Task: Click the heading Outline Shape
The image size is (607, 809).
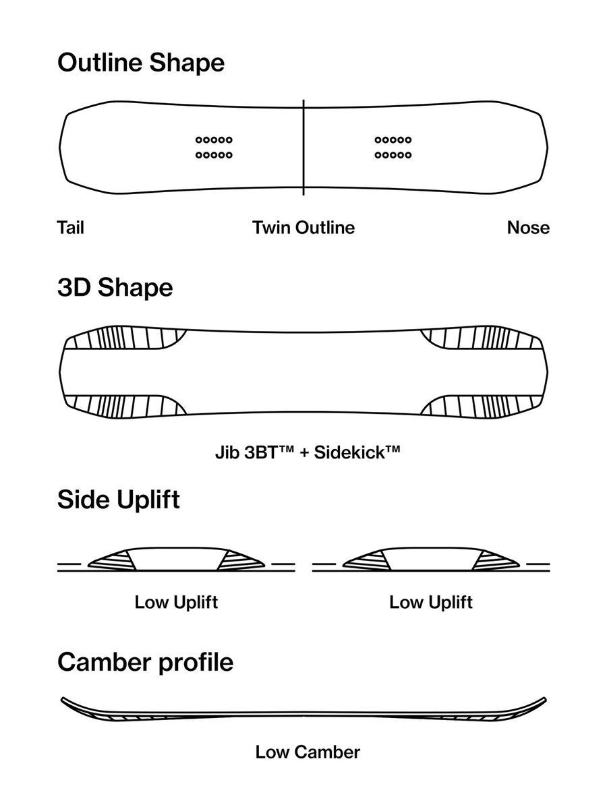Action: tap(140, 63)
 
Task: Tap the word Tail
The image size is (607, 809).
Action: tap(71, 228)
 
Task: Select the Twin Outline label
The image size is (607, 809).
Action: tap(303, 228)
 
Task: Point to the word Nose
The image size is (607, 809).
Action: tap(528, 228)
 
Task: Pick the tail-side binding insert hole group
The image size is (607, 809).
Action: tap(214, 148)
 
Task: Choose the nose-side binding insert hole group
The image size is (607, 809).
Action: tap(393, 148)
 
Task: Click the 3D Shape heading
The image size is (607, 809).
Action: tap(115, 288)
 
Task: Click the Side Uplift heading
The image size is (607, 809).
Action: tap(119, 500)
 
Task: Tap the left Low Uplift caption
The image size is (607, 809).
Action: tap(176, 602)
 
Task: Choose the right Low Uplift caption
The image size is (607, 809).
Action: tap(431, 602)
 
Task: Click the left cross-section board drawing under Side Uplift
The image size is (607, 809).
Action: tap(177, 560)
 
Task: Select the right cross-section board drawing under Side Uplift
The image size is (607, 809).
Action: tap(431, 560)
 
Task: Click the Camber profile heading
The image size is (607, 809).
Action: tap(145, 662)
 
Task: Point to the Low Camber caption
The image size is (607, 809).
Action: tap(308, 752)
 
